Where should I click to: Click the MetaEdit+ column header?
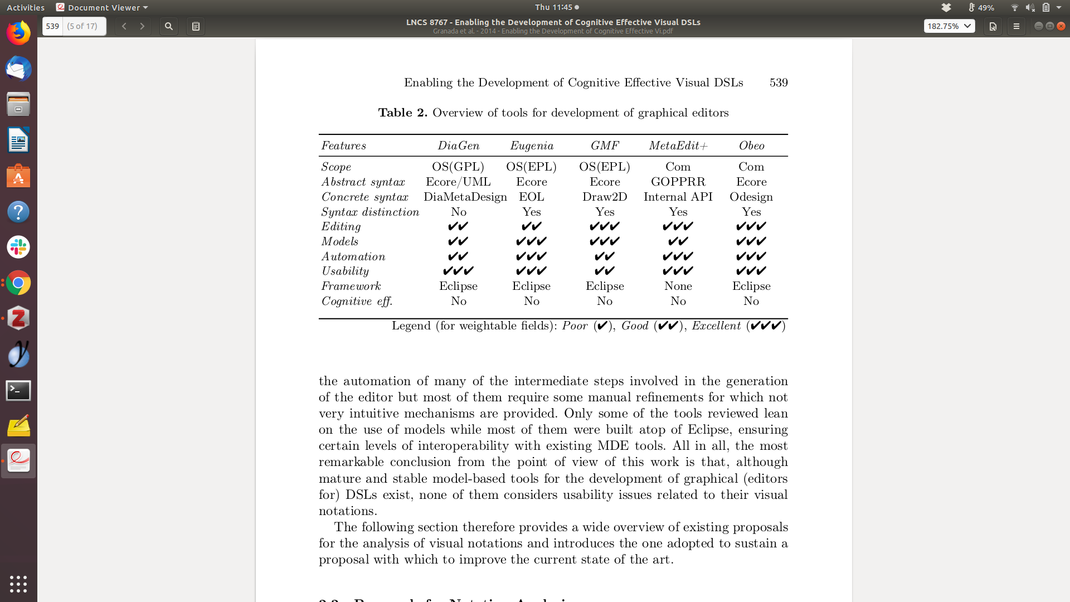(x=678, y=146)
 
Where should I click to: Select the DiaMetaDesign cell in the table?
(x=465, y=197)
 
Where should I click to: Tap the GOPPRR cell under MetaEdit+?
(x=678, y=182)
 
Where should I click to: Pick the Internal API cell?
(x=678, y=197)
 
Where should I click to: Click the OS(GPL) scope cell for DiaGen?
(x=458, y=167)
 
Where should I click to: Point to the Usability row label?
(x=345, y=271)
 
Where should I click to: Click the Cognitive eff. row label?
(x=357, y=302)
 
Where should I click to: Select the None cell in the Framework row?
(x=678, y=286)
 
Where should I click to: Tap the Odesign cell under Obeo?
(x=751, y=197)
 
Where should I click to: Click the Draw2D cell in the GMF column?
(x=605, y=197)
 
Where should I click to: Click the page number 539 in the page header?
(x=779, y=82)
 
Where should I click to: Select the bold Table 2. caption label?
(x=402, y=113)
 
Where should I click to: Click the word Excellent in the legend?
(x=716, y=326)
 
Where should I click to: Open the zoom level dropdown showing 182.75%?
(x=949, y=26)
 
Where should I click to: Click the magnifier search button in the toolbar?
(x=168, y=26)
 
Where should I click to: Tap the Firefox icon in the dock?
(x=18, y=33)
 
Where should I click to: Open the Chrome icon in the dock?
(x=18, y=283)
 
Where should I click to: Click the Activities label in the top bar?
(x=26, y=7)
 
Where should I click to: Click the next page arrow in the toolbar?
(x=142, y=26)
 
